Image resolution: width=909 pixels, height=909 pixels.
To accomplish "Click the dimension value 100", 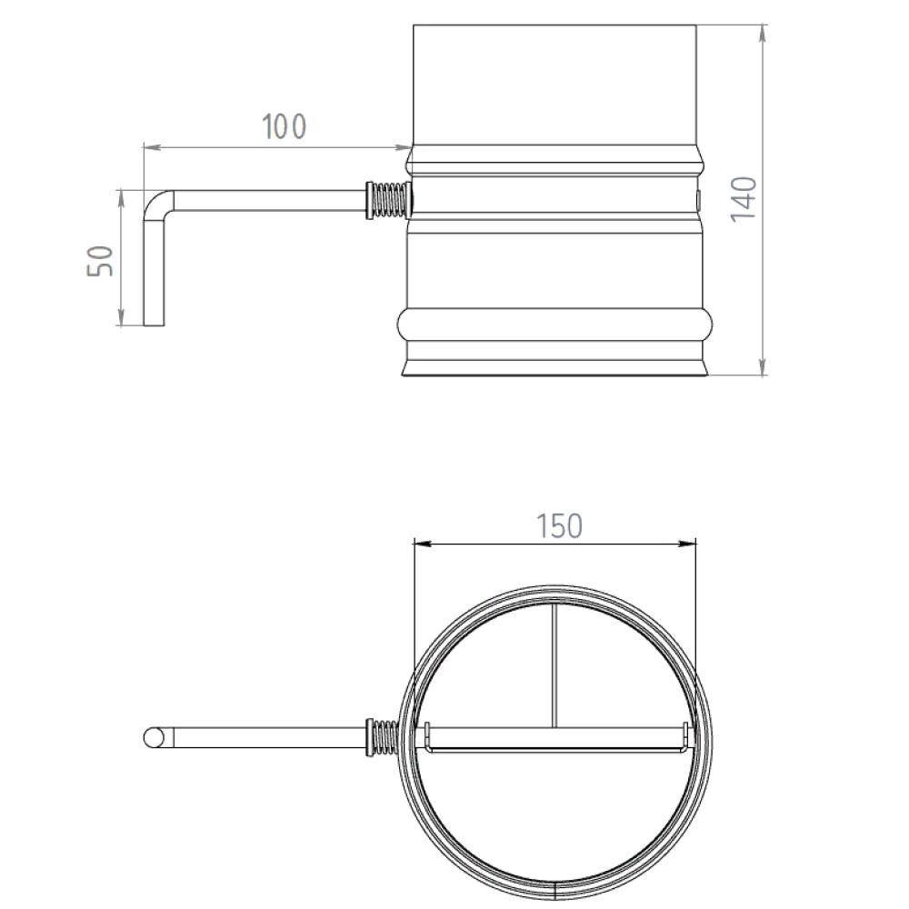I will point(285,127).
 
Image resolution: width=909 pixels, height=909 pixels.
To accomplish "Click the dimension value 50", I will point(103,261).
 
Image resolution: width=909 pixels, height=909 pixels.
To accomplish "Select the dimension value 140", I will point(743,198).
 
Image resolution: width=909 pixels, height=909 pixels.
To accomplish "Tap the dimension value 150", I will point(557,526).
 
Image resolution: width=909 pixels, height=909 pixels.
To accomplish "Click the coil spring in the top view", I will point(385,736).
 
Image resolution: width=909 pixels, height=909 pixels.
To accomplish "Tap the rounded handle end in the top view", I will point(155,737).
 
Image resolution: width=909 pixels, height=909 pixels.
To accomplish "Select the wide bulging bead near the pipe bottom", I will point(554,325).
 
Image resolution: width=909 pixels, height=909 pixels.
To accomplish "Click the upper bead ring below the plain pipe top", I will point(554,162).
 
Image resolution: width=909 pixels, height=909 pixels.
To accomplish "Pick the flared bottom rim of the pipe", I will point(554,368).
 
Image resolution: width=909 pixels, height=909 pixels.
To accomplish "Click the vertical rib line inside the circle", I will point(554,664).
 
